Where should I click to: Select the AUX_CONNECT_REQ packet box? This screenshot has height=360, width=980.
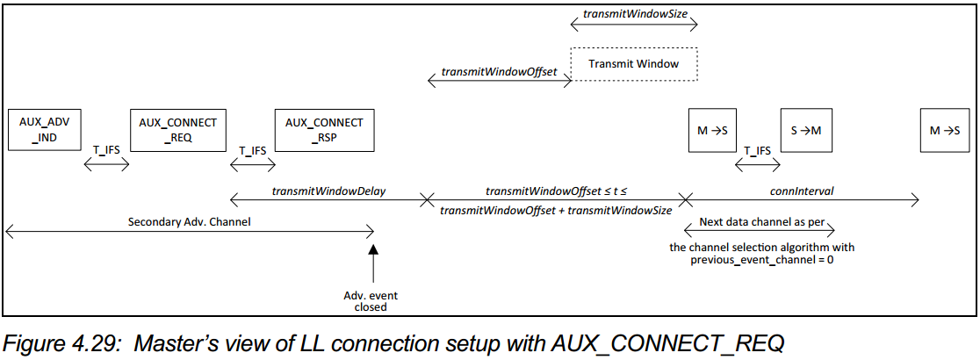[x=178, y=130]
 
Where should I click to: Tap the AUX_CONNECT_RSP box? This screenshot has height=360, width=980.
[x=324, y=130]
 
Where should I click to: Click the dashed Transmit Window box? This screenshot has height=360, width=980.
[x=633, y=64]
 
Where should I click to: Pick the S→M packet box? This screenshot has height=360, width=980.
[x=805, y=130]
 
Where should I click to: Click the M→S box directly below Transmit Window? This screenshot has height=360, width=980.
[x=711, y=130]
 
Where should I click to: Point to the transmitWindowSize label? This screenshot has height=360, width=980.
[x=634, y=16]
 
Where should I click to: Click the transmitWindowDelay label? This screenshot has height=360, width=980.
[x=328, y=190]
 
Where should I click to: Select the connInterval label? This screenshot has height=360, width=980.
[x=801, y=190]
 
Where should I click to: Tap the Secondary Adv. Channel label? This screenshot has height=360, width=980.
[x=189, y=221]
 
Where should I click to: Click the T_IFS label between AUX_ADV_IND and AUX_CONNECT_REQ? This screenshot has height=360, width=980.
[x=106, y=150]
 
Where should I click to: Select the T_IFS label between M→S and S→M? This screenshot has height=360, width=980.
[x=757, y=150]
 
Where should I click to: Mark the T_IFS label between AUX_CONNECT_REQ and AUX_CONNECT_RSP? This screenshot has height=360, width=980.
[x=252, y=150]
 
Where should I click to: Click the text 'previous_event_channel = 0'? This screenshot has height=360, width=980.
[x=761, y=260]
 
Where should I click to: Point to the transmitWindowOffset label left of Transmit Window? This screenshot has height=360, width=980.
[x=499, y=71]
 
